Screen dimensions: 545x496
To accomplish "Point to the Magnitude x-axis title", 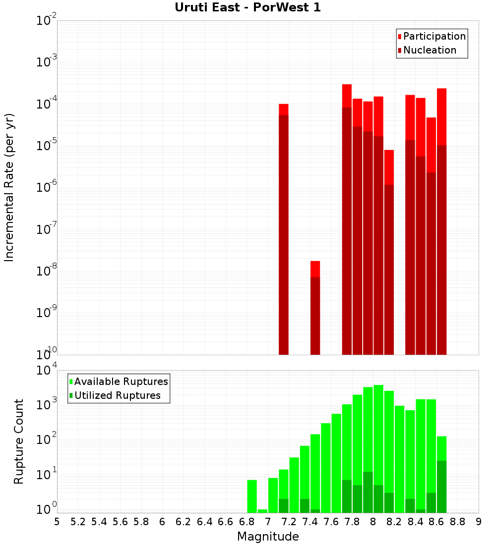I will point(268,537).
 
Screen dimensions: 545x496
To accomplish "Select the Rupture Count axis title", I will point(19,441).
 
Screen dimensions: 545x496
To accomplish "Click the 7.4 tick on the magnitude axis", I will point(310,522).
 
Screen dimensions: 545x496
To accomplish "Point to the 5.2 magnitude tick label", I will point(78,522).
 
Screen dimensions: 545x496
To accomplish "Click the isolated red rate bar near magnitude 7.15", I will point(284,228).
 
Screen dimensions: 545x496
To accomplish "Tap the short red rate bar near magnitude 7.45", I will point(315,307).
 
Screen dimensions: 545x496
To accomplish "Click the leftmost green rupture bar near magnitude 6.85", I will point(252,496).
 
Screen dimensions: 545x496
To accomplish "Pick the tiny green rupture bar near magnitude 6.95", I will point(262,511).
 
